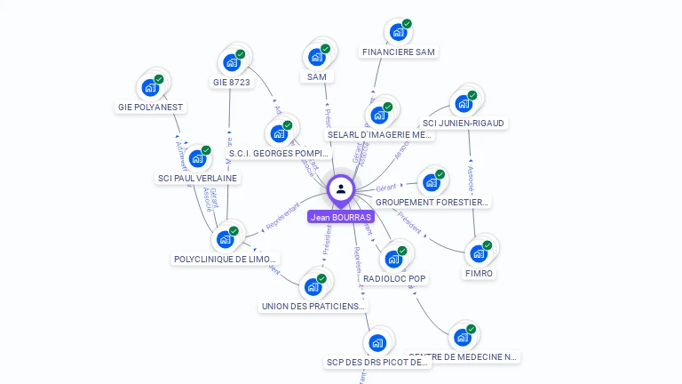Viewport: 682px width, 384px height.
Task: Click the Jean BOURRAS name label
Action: [341, 217]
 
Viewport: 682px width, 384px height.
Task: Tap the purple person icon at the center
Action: [341, 188]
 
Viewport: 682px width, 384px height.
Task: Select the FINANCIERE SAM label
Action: [399, 52]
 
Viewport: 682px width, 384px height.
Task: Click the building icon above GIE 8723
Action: [232, 62]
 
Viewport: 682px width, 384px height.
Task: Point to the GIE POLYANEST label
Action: [150, 108]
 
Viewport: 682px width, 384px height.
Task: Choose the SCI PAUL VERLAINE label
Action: [197, 178]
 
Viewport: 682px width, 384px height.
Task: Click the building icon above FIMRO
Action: [479, 252]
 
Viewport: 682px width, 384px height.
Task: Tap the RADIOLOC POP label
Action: [394, 279]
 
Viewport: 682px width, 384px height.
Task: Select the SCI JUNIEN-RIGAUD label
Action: [463, 124]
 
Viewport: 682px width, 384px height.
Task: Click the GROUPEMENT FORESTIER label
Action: [432, 203]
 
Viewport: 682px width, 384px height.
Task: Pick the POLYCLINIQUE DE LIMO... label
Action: [226, 260]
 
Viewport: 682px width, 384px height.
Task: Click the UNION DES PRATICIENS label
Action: [313, 307]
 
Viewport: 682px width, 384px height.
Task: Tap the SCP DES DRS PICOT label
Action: [377, 363]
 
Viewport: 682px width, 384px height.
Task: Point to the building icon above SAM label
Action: [316, 57]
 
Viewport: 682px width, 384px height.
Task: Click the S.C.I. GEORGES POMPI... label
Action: [279, 154]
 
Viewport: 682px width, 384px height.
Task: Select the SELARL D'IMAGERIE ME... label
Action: [379, 135]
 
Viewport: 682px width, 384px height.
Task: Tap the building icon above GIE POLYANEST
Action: [150, 87]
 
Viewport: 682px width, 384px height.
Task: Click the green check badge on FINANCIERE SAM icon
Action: [407, 24]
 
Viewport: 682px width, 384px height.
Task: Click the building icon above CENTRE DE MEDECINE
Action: [462, 337]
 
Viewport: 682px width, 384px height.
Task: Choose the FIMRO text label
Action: [479, 274]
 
